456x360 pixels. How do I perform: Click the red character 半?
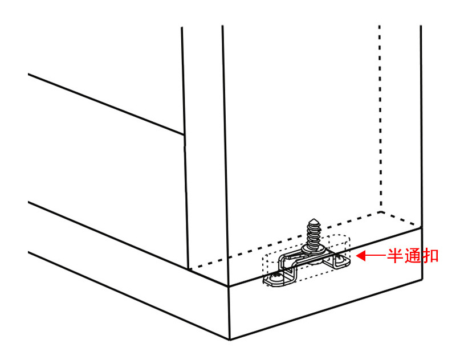click(394, 256)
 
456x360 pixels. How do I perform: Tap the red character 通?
click(412, 256)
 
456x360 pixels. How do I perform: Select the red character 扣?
click(430, 256)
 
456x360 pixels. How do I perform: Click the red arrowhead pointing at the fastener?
click(361, 256)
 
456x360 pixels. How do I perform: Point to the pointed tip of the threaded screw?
click(313, 219)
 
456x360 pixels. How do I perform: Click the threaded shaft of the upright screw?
click(313, 234)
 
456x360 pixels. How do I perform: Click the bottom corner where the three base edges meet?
click(230, 339)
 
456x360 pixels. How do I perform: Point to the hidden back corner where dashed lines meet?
click(380, 212)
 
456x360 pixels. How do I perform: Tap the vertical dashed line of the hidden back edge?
click(380, 118)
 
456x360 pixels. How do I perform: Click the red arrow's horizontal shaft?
click(376, 256)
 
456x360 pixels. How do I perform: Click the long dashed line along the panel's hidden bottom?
click(285, 240)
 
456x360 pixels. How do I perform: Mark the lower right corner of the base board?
click(422, 279)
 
